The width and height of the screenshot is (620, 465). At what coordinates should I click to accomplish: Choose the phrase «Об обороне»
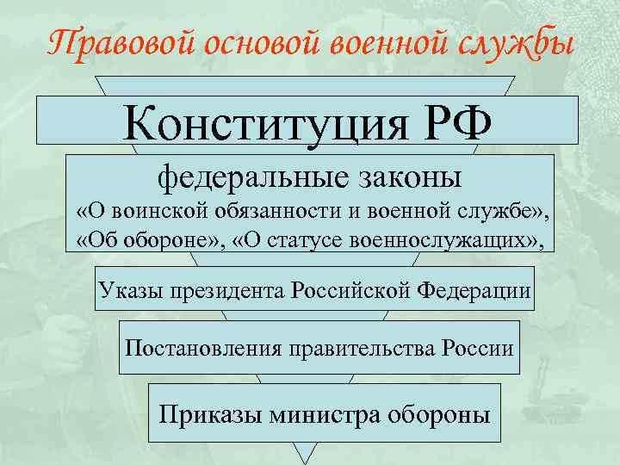click(x=143, y=238)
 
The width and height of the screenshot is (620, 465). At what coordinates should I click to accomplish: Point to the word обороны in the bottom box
click(x=438, y=413)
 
